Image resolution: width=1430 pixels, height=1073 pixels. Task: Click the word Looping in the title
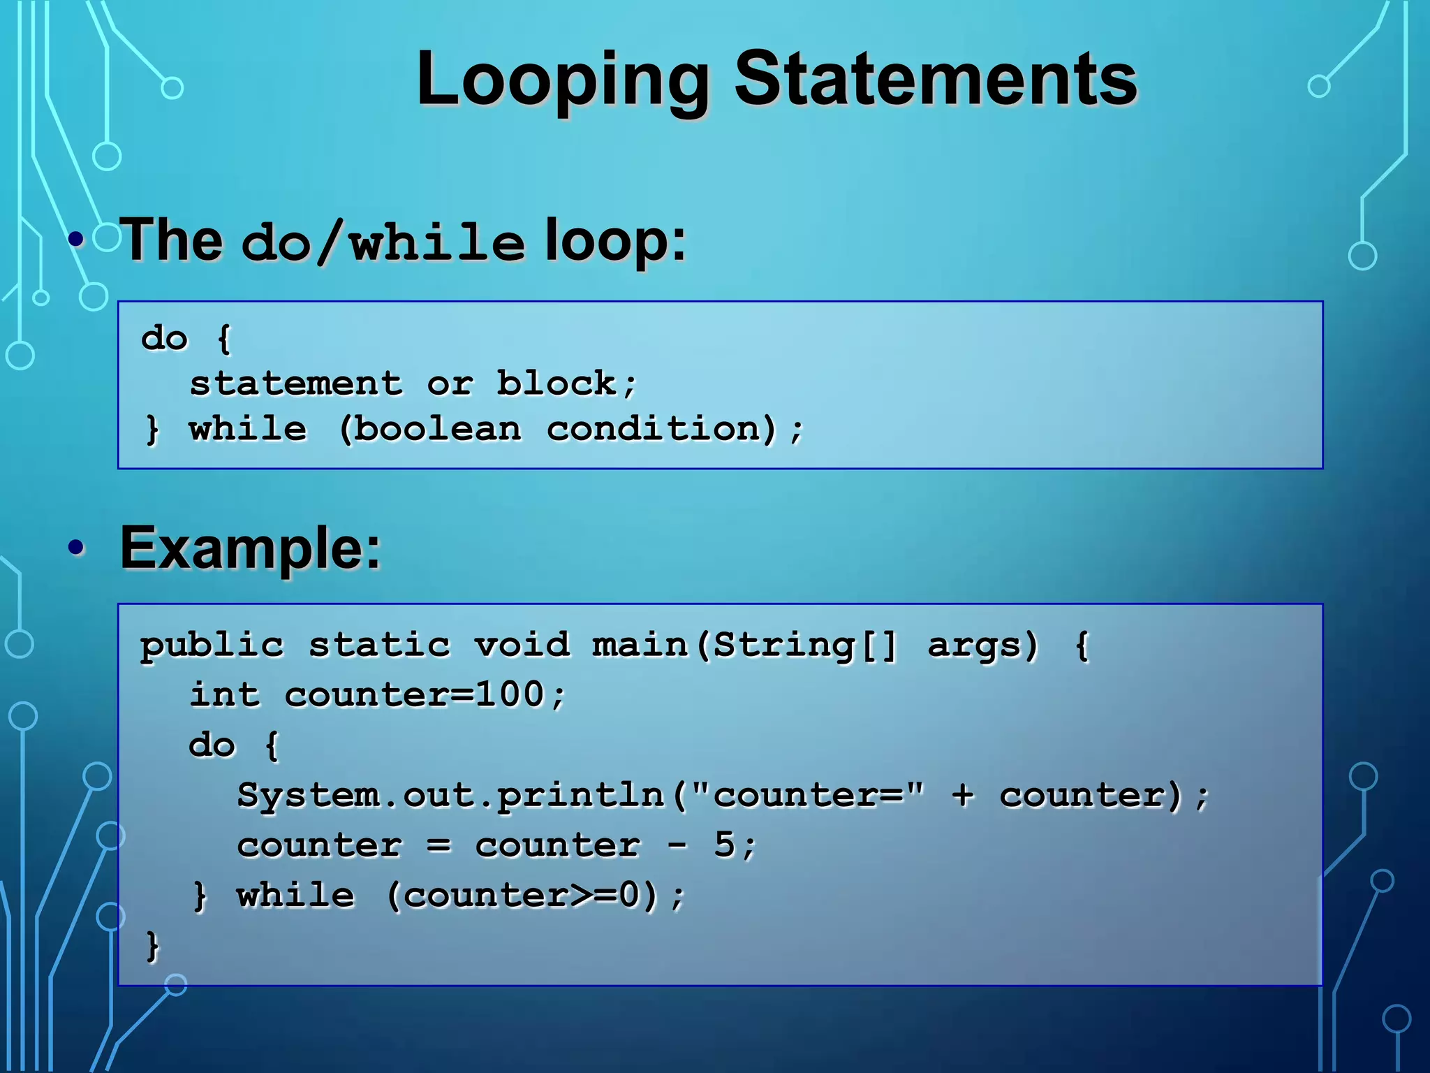(562, 80)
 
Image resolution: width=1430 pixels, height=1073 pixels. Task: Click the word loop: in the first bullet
(615, 241)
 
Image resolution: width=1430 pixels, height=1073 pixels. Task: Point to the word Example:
(251, 549)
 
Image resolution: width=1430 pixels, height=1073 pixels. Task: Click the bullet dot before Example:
(77, 548)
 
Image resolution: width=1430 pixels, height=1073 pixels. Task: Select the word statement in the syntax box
(296, 384)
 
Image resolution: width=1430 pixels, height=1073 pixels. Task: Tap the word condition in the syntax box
(656, 429)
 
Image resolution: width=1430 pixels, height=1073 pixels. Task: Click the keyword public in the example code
(212, 645)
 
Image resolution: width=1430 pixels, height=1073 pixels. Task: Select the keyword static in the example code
(379, 645)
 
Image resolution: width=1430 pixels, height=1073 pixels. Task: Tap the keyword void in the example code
(522, 645)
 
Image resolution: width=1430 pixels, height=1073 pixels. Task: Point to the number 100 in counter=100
(509, 695)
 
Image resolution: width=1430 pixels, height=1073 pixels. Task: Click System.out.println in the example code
(450, 796)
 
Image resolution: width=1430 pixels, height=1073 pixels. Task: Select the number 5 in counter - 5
(724, 845)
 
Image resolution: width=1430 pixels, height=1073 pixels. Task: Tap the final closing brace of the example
(152, 946)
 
